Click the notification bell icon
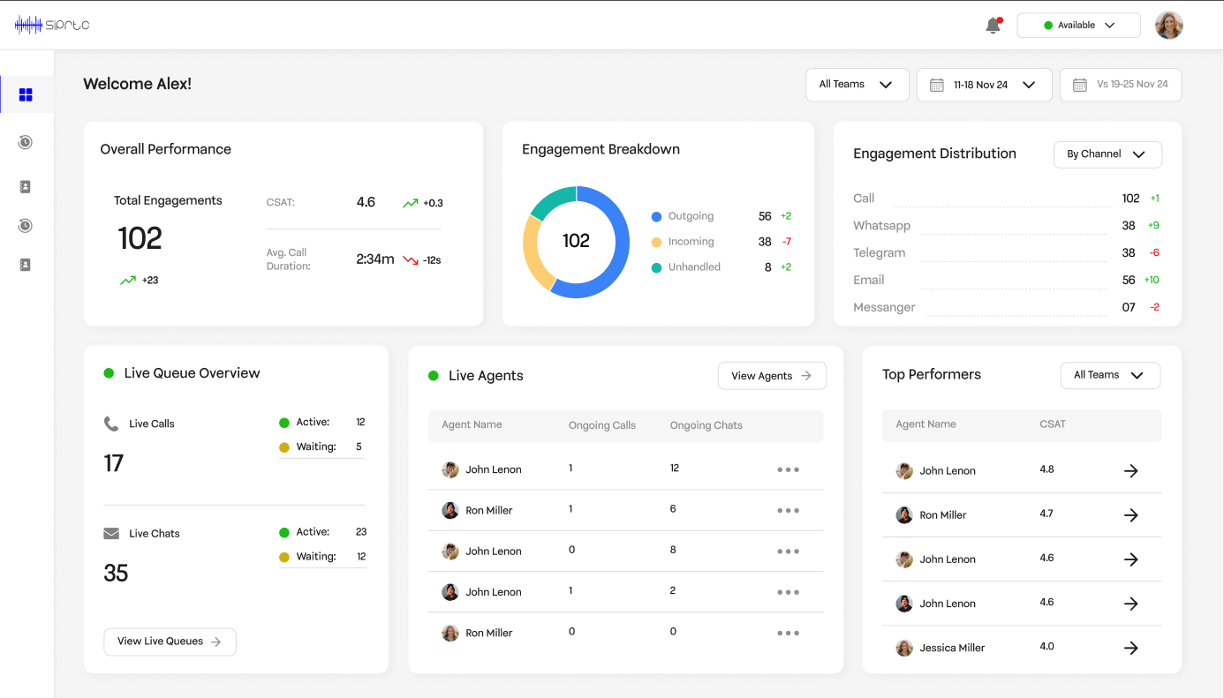[994, 26]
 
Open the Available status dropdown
[1078, 26]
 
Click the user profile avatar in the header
[1168, 26]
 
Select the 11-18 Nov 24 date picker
[984, 85]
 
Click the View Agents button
[771, 376]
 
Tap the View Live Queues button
[170, 642]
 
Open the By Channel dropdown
[1107, 154]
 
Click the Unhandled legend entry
[693, 267]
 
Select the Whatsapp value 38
[1128, 226]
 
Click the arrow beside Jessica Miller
[1130, 649]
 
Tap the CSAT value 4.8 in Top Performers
[1046, 469]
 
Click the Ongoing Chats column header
[706, 425]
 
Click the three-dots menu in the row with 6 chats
[788, 511]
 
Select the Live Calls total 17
[114, 463]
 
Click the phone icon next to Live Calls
[111, 424]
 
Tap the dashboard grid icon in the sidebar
[26, 95]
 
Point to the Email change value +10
[1151, 281]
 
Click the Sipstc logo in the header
[52, 26]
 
